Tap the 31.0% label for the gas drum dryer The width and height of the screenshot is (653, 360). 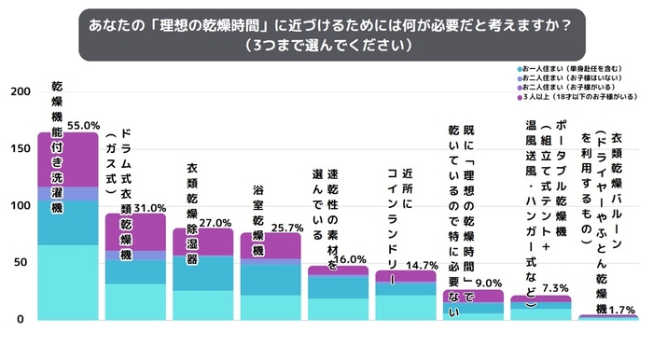[151, 207]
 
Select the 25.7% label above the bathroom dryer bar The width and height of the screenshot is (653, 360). [285, 227]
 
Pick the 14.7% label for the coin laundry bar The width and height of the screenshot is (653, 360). [421, 265]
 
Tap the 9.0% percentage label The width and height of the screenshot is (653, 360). [488, 283]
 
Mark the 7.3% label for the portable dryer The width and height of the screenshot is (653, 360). [555, 288]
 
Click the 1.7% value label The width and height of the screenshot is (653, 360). [622, 308]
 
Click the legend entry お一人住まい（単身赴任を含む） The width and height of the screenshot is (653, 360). [570, 69]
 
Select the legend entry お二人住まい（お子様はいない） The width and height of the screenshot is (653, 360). [570, 78]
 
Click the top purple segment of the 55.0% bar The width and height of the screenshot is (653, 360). [68, 159]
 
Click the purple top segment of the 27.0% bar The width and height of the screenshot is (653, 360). [202, 241]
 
